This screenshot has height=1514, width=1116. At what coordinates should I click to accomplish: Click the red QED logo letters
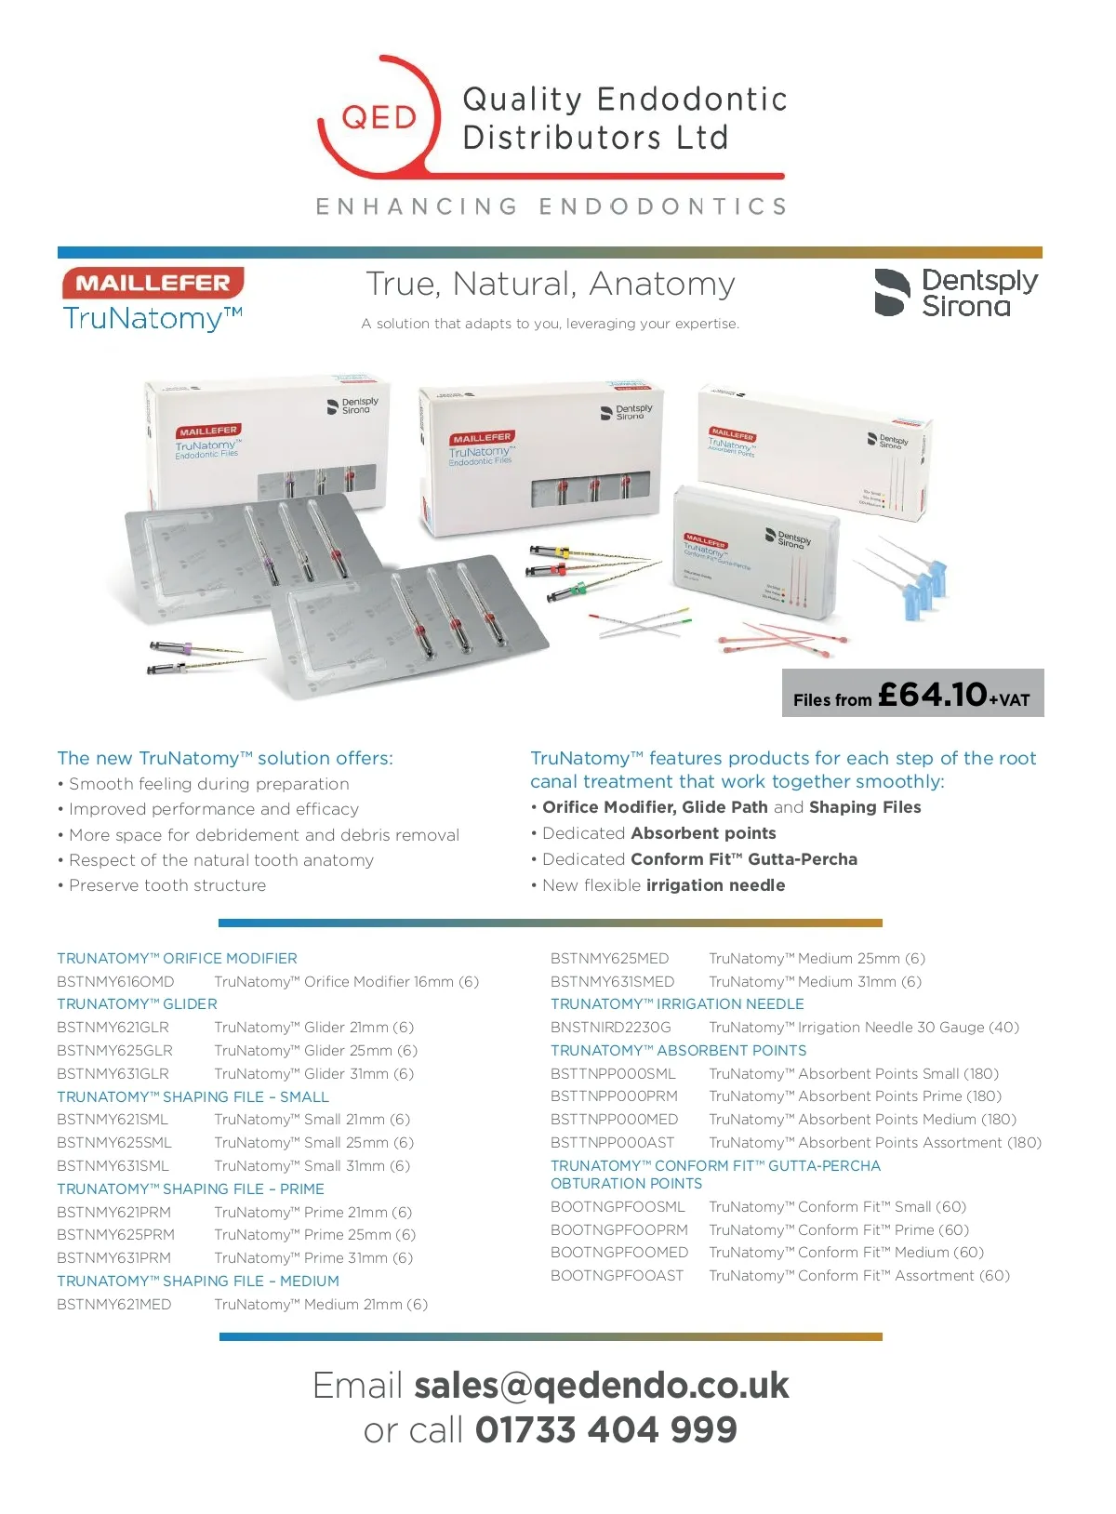(x=379, y=118)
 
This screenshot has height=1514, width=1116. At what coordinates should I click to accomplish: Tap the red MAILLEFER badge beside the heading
(x=153, y=283)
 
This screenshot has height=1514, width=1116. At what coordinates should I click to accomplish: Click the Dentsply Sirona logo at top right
(x=956, y=293)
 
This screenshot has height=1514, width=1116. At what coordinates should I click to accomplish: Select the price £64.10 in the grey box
(x=932, y=694)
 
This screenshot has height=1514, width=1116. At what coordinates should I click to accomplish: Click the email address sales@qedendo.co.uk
(x=602, y=1385)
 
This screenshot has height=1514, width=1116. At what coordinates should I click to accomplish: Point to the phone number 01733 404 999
(x=605, y=1429)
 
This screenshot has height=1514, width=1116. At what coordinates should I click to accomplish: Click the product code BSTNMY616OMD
(x=115, y=982)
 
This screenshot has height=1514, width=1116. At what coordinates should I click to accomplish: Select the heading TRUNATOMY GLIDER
(x=137, y=1004)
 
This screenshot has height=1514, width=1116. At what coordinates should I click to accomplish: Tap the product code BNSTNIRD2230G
(x=610, y=1028)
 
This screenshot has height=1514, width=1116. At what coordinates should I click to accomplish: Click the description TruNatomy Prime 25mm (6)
(x=314, y=1235)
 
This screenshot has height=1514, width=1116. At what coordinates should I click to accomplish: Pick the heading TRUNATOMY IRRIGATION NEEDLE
(x=677, y=1004)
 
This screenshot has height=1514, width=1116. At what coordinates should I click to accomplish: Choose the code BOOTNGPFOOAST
(x=617, y=1276)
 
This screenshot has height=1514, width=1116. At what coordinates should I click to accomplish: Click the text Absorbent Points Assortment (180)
(x=919, y=1143)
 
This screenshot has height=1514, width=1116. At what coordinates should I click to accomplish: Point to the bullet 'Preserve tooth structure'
(x=167, y=885)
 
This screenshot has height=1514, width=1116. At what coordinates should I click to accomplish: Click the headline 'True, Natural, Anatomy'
(x=551, y=284)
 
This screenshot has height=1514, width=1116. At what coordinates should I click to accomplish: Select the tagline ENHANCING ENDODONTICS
(x=551, y=206)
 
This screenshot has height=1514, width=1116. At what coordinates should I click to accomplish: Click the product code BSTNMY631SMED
(x=612, y=982)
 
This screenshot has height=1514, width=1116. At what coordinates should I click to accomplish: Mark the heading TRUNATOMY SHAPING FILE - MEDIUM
(x=198, y=1282)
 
